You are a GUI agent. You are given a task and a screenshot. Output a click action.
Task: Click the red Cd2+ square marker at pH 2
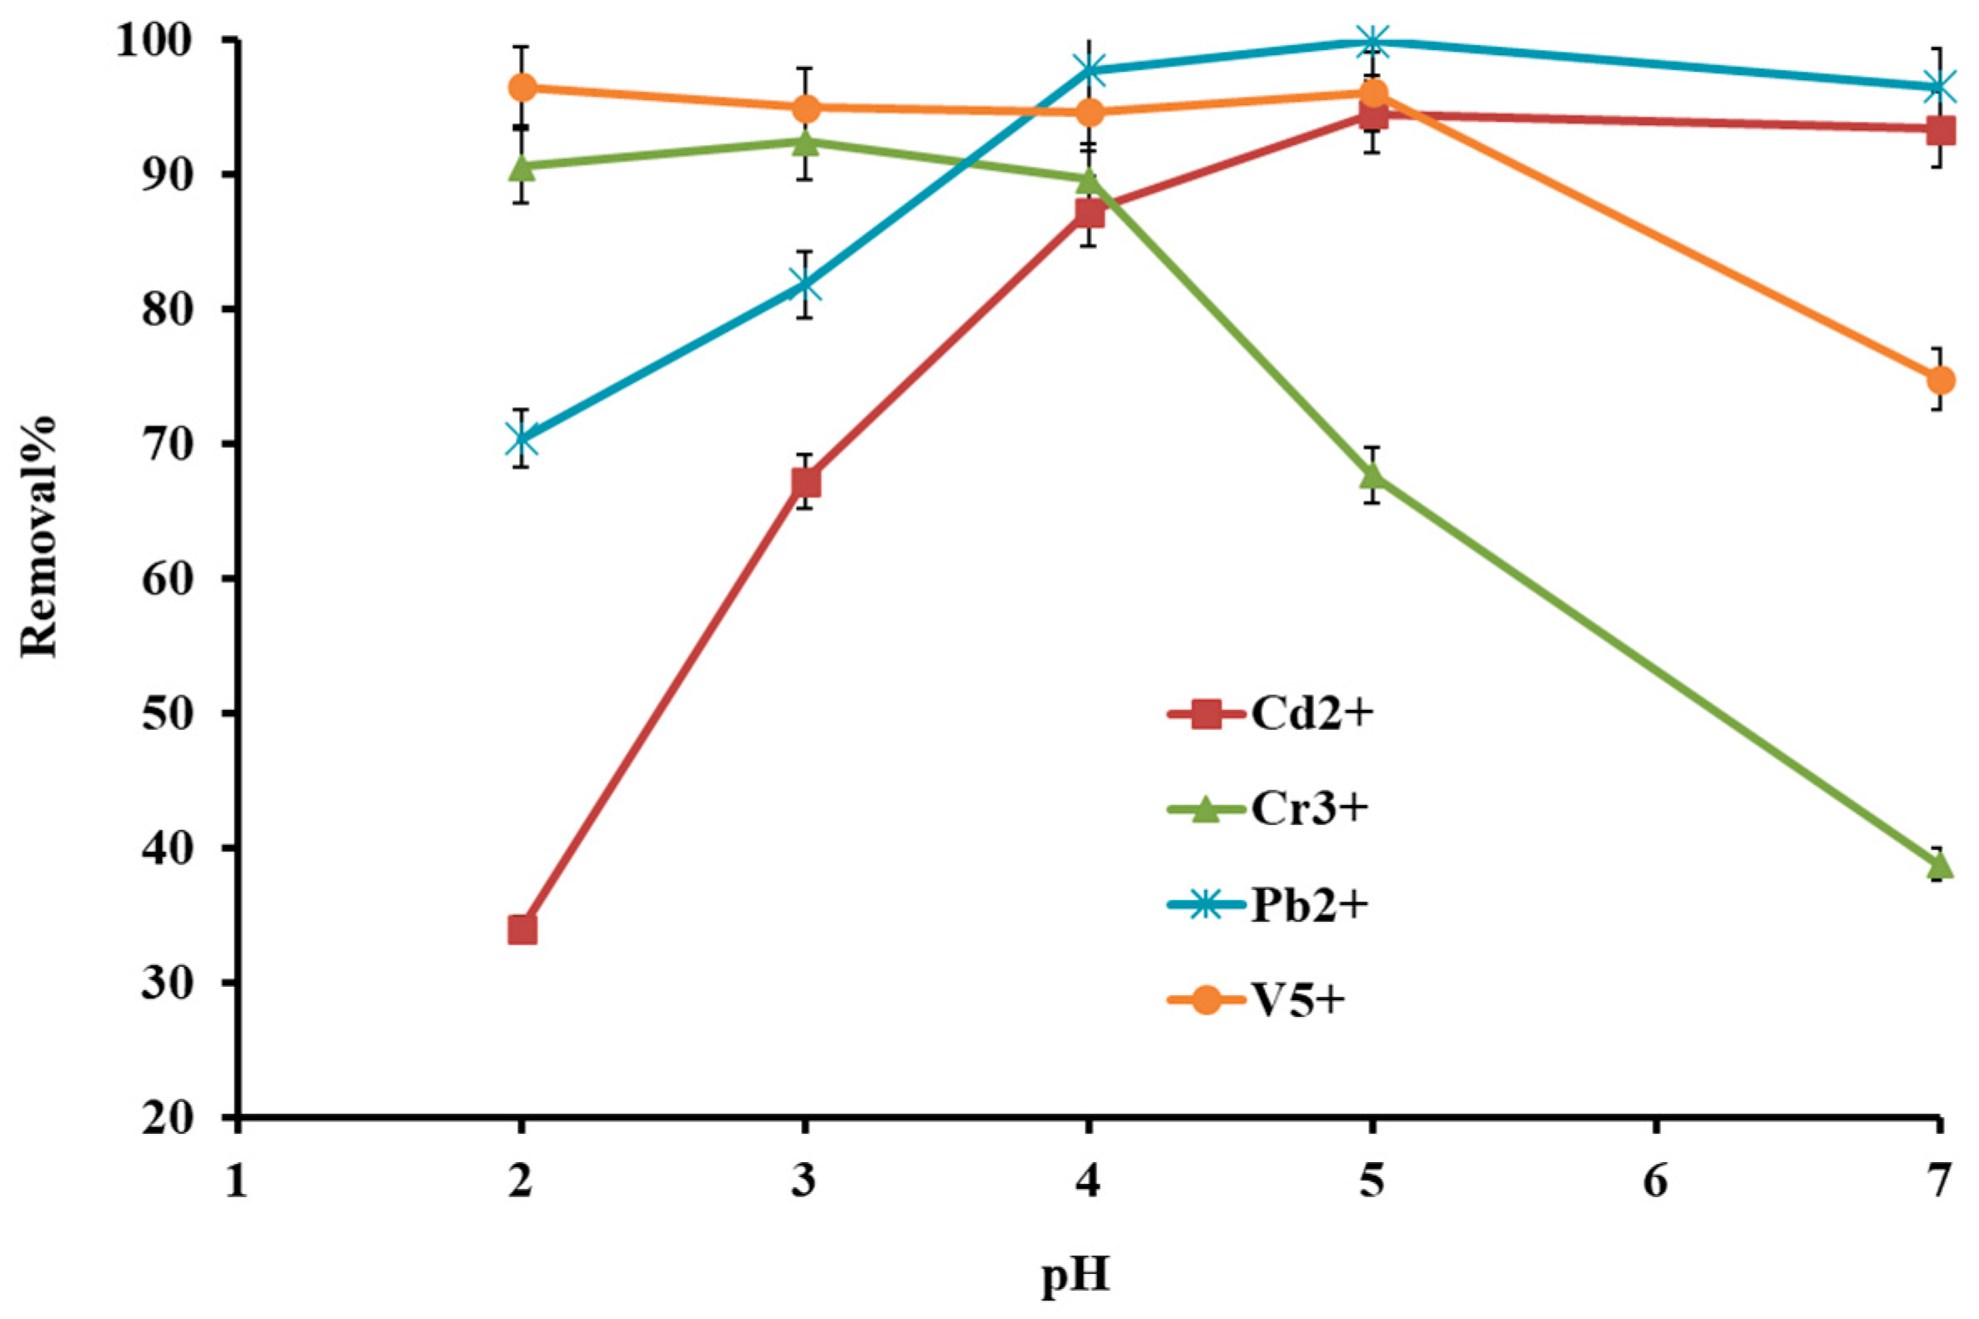522,930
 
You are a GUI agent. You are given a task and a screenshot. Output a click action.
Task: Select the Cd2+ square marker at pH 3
806,482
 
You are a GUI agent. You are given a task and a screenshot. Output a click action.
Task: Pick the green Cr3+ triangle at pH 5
1372,476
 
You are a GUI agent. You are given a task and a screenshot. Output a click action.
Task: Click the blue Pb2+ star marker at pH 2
522,438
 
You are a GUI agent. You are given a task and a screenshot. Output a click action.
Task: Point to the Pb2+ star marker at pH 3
806,285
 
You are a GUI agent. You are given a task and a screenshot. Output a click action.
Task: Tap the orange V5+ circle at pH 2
522,87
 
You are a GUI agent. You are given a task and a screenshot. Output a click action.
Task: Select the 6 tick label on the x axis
1655,1182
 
